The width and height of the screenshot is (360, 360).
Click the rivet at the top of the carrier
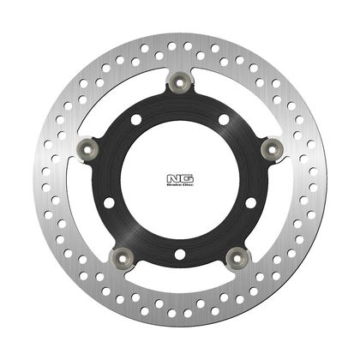coord(179,82)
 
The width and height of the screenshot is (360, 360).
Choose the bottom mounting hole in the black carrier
coord(179,255)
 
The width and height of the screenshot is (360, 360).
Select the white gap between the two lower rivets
coord(179,275)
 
